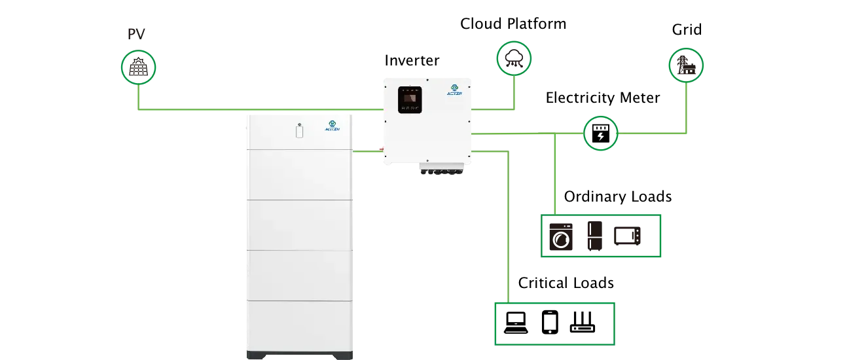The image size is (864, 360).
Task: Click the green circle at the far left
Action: (139, 67)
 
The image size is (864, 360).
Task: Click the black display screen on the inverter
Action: (410, 100)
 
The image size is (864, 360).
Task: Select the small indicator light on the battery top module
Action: (300, 129)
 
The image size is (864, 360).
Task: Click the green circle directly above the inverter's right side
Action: (514, 59)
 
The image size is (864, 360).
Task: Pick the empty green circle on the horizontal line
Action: (600, 133)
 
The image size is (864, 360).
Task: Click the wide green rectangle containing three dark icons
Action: (602, 235)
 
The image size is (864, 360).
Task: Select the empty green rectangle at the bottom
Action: (554, 322)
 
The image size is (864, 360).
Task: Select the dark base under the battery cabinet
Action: (300, 355)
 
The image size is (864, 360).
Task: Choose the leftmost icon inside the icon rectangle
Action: (560, 236)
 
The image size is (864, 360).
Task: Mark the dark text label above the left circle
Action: (137, 35)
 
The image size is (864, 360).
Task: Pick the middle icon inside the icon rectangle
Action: (594, 236)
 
